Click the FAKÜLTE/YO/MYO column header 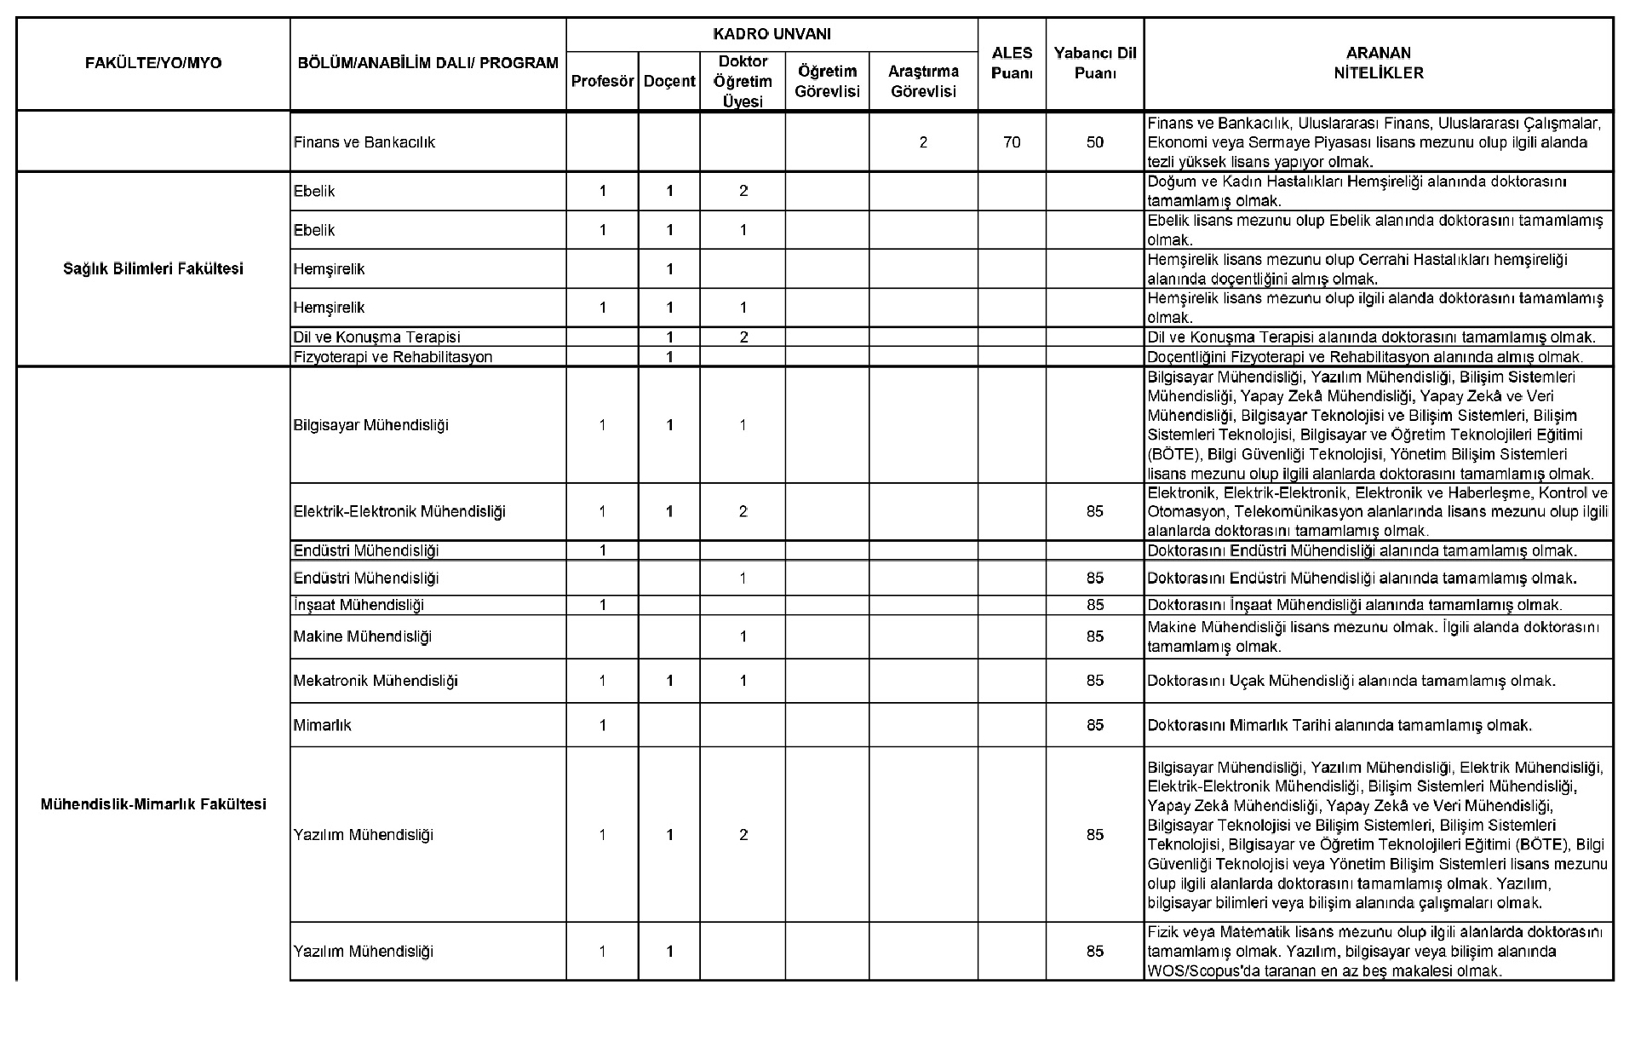coord(153,64)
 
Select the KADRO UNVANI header coord(772,35)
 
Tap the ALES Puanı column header coord(1012,64)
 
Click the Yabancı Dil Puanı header coord(1094,64)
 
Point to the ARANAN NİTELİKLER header coord(1378,64)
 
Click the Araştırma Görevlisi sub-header coord(923,81)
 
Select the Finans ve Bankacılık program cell coord(364,142)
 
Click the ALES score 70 coord(1012,142)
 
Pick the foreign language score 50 coord(1094,142)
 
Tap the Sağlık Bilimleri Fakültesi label coord(153,269)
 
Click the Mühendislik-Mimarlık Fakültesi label coord(153,804)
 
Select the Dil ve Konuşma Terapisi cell coord(376,337)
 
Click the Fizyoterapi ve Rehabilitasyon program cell coord(393,357)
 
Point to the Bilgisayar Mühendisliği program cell coord(370,425)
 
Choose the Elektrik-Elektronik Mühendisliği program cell coord(399,512)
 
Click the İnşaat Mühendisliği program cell coord(359,606)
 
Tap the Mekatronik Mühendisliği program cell coord(376,681)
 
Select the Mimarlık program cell coord(322,726)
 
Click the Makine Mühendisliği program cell coord(363,636)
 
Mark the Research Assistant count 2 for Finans coord(923,142)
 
